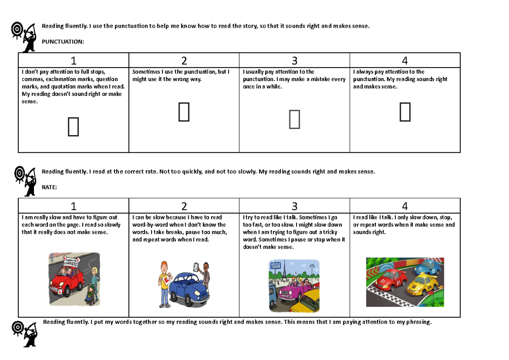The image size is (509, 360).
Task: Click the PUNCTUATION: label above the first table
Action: click(x=63, y=42)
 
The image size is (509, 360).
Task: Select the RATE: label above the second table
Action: click(x=49, y=187)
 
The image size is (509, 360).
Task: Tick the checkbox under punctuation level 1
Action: click(x=73, y=127)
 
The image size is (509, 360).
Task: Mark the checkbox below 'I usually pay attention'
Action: click(x=294, y=119)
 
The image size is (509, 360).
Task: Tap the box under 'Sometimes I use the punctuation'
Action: click(x=184, y=113)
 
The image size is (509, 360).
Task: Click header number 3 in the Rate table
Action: click(x=294, y=206)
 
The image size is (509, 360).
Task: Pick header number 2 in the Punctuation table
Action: click(x=184, y=61)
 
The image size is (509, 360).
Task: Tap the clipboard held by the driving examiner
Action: click(x=196, y=267)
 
